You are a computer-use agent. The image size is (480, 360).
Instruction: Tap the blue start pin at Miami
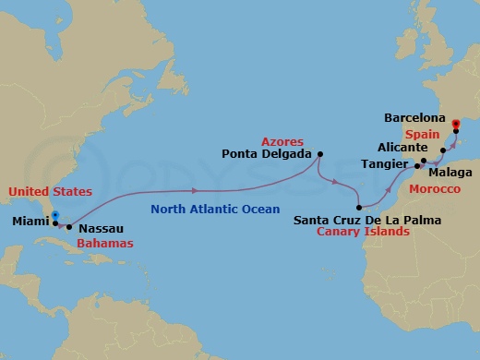coord(55,218)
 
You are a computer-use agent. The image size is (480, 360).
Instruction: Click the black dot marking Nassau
coord(69,226)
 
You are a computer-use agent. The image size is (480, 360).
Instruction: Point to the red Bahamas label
coord(104,243)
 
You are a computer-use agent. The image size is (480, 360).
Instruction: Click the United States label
coord(50,191)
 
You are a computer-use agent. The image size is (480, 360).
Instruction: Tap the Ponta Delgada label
coord(266,154)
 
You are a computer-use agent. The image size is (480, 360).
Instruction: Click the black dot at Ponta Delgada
coord(320,154)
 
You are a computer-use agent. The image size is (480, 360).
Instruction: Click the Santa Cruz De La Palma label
coord(366,220)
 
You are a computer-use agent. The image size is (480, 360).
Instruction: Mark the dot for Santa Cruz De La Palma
coord(358,207)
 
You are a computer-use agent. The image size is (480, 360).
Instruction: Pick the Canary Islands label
coord(365,232)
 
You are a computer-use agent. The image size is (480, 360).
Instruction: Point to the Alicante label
coord(402,147)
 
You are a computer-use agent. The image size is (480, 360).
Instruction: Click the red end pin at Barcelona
coord(456,123)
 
